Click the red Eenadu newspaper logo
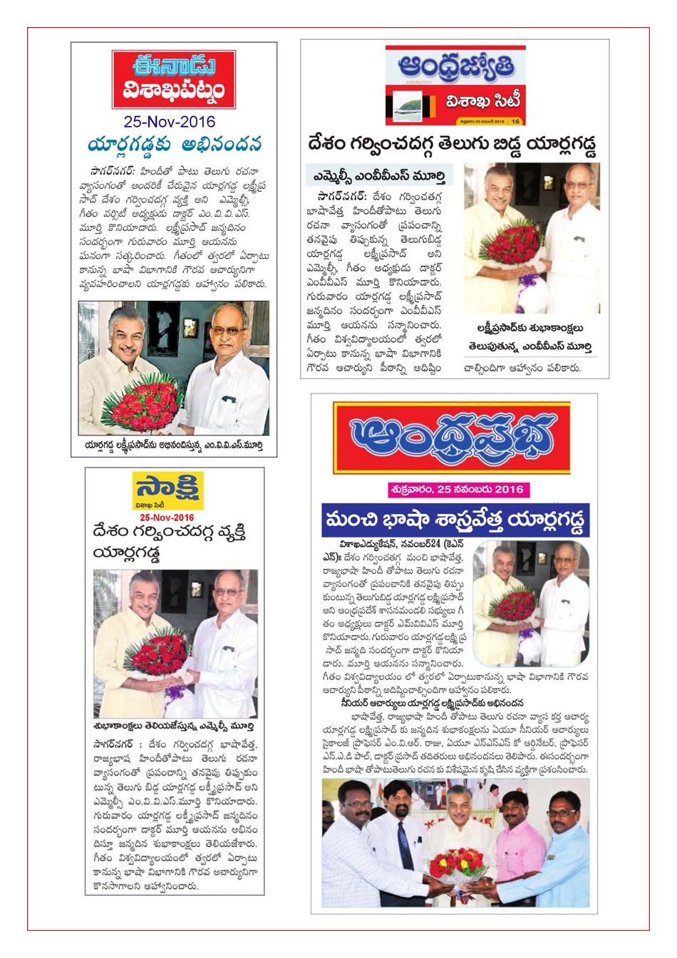pyautogui.click(x=174, y=78)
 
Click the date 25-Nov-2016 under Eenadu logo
pyautogui.click(x=170, y=122)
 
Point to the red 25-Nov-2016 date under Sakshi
pyautogui.click(x=167, y=517)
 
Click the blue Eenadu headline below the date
pyautogui.click(x=175, y=144)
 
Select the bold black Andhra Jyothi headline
pyautogui.click(x=453, y=144)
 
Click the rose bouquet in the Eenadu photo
pyautogui.click(x=143, y=403)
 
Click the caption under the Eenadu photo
pyautogui.click(x=173, y=445)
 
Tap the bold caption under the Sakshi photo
pyautogui.click(x=173, y=726)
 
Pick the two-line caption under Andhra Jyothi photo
pyautogui.click(x=531, y=337)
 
